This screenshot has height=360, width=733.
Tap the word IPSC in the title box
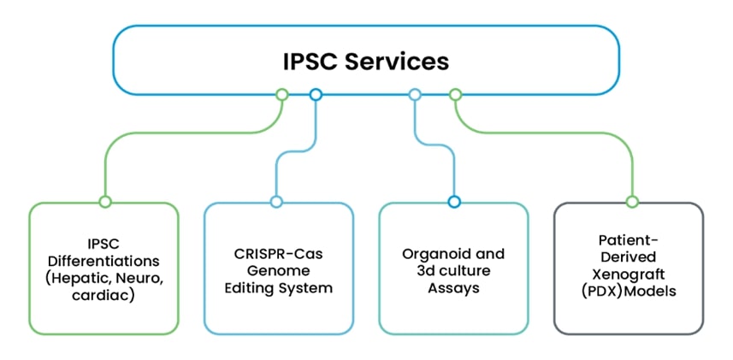pos(310,62)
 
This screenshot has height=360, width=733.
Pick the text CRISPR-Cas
pos(278,254)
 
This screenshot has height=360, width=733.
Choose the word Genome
pos(279,271)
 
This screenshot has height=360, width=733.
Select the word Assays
pos(453,288)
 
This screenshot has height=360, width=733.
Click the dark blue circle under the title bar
pos(316,94)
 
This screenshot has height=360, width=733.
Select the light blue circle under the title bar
pos(415,94)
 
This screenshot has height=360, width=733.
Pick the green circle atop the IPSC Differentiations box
pos(104,202)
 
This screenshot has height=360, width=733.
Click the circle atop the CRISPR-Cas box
pos(276,202)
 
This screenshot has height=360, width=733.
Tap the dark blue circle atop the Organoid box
pos(454,202)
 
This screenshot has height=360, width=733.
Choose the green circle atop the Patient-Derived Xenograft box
pos(632,202)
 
